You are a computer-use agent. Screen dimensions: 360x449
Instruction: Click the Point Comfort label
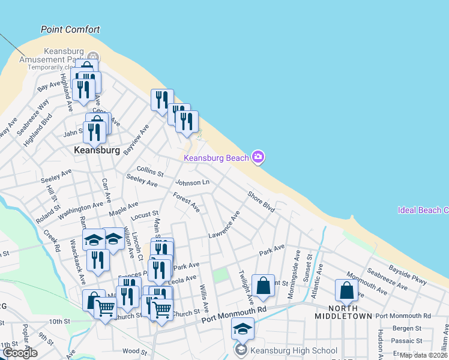[x=70, y=29]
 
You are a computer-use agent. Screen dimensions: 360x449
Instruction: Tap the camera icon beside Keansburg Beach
[x=258, y=157]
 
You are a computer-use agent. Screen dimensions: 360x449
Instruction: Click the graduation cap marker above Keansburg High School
[x=243, y=329]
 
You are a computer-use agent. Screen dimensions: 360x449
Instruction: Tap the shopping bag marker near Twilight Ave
[x=263, y=286]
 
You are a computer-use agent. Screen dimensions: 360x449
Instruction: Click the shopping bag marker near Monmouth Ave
[x=346, y=290]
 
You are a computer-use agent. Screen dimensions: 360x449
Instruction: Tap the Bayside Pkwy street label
[x=408, y=276]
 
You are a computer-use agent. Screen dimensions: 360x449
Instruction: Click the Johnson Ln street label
[x=192, y=182]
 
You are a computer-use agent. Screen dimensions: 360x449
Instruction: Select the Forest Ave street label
[x=186, y=202]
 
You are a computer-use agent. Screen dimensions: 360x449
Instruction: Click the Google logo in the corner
[x=19, y=353]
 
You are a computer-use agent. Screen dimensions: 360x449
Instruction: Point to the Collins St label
[x=150, y=171]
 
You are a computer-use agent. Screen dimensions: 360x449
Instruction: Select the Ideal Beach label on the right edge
[x=423, y=210]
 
